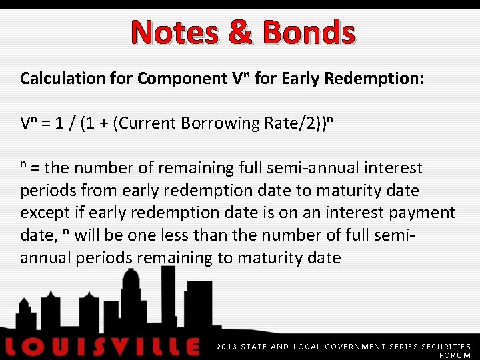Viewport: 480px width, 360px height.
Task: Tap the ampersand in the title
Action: click(241, 31)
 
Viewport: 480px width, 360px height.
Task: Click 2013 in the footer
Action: click(227, 347)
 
